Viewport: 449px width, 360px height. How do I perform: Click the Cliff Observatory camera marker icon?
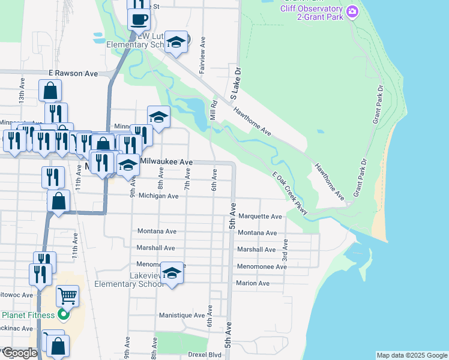point(352,11)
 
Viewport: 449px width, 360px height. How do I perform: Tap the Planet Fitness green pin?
point(65,314)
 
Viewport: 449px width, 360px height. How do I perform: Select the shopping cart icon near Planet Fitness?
point(67,295)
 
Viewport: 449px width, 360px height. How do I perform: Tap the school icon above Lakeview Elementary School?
point(172,274)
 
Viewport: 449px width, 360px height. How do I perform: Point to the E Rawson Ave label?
point(73,73)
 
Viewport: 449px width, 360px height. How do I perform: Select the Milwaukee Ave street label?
point(166,162)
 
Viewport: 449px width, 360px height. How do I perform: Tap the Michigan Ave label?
point(158,196)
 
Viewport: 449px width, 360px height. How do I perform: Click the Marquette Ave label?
point(260,217)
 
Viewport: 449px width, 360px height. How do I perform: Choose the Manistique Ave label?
point(182,315)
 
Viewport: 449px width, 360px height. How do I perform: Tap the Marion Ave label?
point(253,283)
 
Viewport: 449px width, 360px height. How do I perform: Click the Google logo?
point(20,353)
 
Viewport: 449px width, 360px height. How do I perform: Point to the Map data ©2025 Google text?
point(411,355)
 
